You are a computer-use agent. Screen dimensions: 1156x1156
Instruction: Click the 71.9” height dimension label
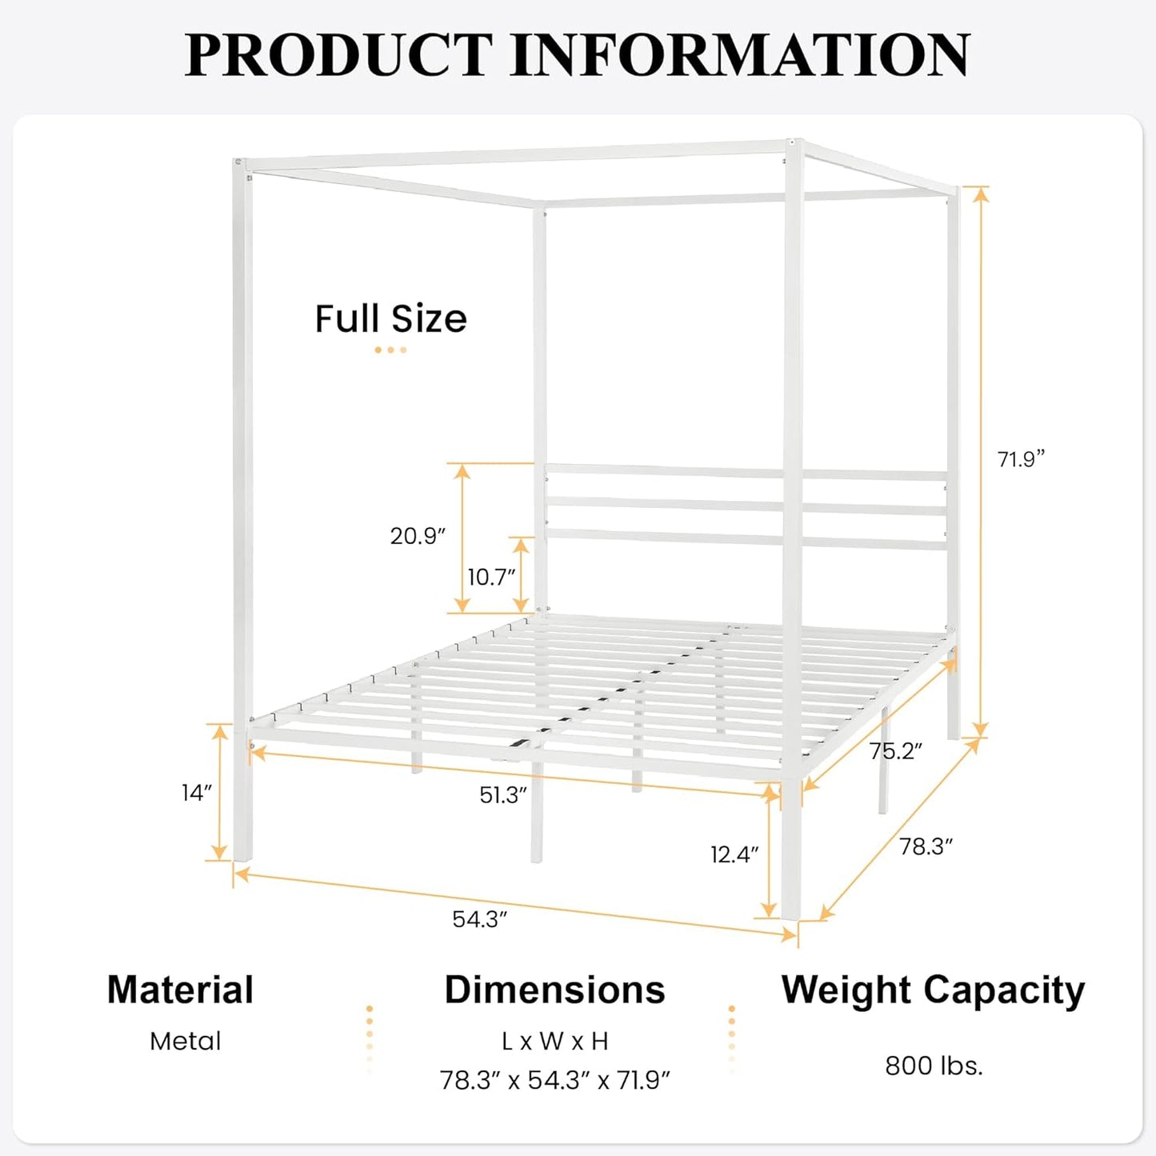[x=1021, y=459]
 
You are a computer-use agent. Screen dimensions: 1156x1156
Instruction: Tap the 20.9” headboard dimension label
[x=418, y=536]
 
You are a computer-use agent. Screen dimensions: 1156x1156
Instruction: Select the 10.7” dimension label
[x=491, y=577]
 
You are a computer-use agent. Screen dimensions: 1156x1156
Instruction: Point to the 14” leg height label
[x=197, y=793]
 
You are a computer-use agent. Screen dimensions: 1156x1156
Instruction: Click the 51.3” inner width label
[x=503, y=795]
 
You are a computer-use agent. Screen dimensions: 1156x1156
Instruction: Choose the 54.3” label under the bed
[x=480, y=919]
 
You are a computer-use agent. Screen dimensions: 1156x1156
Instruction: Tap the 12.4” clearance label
[x=734, y=854]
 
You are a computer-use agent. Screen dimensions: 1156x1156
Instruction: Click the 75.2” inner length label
[x=896, y=751]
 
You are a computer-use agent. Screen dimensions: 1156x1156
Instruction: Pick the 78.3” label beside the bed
[x=926, y=846]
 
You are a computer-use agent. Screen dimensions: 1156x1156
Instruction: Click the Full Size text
[x=390, y=318]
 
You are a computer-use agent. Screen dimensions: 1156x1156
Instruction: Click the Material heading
[x=180, y=990]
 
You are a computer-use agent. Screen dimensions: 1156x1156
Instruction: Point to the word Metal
[x=185, y=1041]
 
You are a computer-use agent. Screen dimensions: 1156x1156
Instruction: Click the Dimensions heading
[x=554, y=990]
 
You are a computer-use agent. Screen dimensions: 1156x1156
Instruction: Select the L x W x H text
[x=554, y=1041]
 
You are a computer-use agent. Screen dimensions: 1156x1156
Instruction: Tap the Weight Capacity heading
[x=933, y=990]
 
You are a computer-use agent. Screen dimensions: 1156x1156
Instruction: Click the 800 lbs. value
[x=934, y=1066]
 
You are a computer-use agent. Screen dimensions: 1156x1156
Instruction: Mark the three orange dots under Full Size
[x=390, y=350]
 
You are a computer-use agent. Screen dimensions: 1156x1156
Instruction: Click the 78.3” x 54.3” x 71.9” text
[x=554, y=1080]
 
